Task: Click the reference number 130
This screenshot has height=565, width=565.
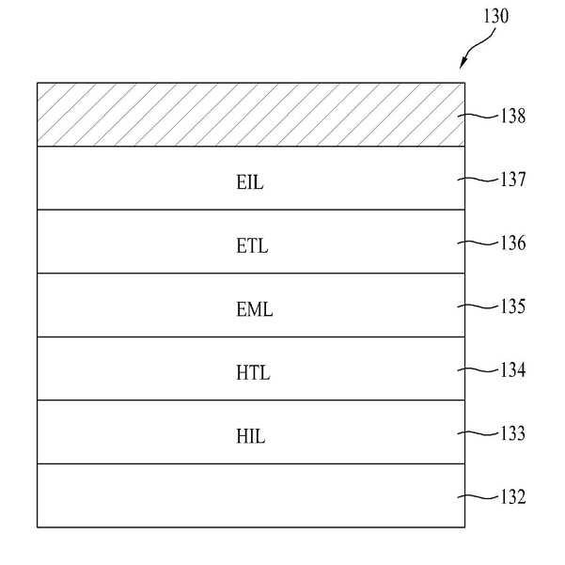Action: (495, 16)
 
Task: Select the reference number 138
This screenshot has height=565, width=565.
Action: (513, 118)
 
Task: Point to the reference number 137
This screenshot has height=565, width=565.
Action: (513, 180)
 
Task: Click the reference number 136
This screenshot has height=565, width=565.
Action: (513, 243)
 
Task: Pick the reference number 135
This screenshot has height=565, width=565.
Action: (513, 306)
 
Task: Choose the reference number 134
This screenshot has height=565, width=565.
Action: (513, 370)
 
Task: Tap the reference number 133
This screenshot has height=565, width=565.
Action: (513, 434)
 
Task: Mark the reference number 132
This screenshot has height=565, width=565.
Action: (513, 497)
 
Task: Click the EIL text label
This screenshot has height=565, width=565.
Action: (251, 182)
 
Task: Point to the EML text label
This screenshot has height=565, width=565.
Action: (254, 309)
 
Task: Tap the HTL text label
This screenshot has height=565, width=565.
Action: (253, 373)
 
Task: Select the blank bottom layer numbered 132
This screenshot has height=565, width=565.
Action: (250, 495)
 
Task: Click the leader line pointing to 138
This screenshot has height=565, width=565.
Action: (481, 117)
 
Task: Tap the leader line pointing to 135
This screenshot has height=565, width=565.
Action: (481, 306)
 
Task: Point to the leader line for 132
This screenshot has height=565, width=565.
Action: (481, 497)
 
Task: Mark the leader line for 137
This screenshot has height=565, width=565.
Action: (481, 180)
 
